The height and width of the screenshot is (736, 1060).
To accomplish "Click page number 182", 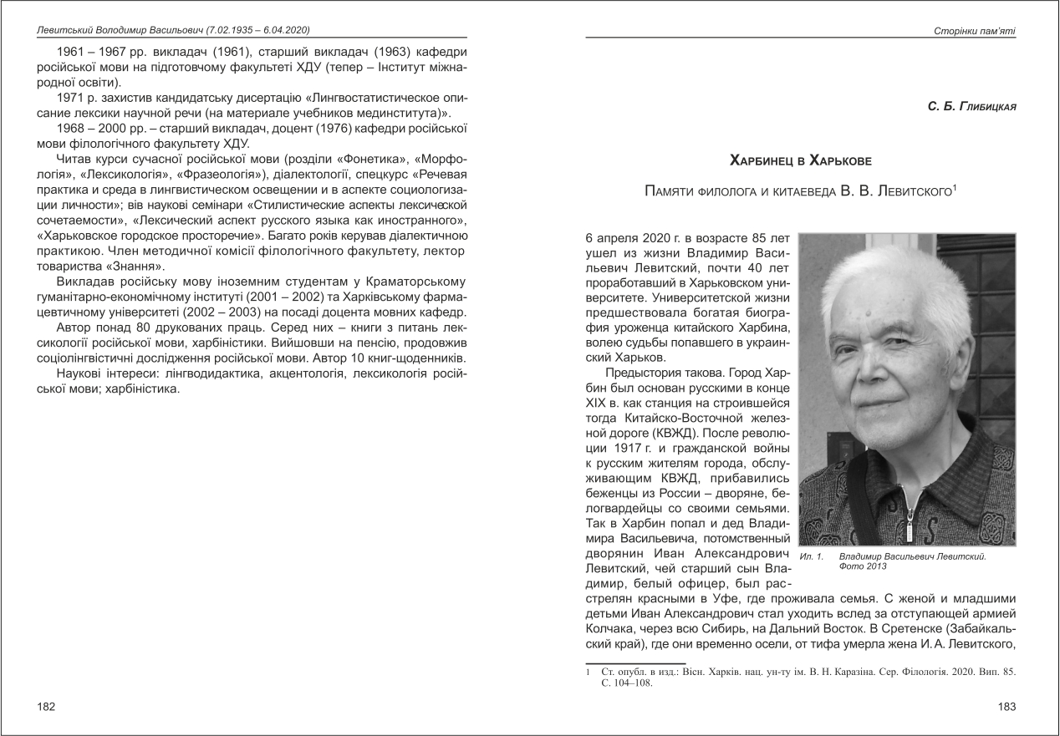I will [47, 708].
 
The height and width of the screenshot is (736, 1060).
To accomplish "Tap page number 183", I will [1007, 708].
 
